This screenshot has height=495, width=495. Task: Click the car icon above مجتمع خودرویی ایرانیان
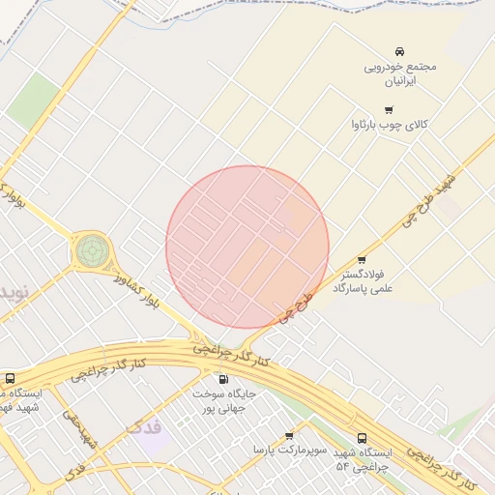coord(399,50)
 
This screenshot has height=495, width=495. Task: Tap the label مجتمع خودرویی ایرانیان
coord(400,74)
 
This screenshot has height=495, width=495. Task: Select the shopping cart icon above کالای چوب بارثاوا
coord(390,109)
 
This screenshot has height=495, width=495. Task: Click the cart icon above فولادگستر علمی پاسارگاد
coord(362,260)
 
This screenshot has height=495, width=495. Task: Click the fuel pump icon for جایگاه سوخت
coord(224,380)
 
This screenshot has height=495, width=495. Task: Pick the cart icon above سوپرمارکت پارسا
coord(289,435)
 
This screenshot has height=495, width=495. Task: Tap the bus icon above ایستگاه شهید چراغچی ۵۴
coord(362,437)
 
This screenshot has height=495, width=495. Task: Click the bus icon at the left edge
coord(10,379)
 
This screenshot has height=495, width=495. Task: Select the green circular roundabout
coord(92,251)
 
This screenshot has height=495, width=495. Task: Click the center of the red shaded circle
coord(247,247)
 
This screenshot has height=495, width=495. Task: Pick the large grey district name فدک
coord(146,426)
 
